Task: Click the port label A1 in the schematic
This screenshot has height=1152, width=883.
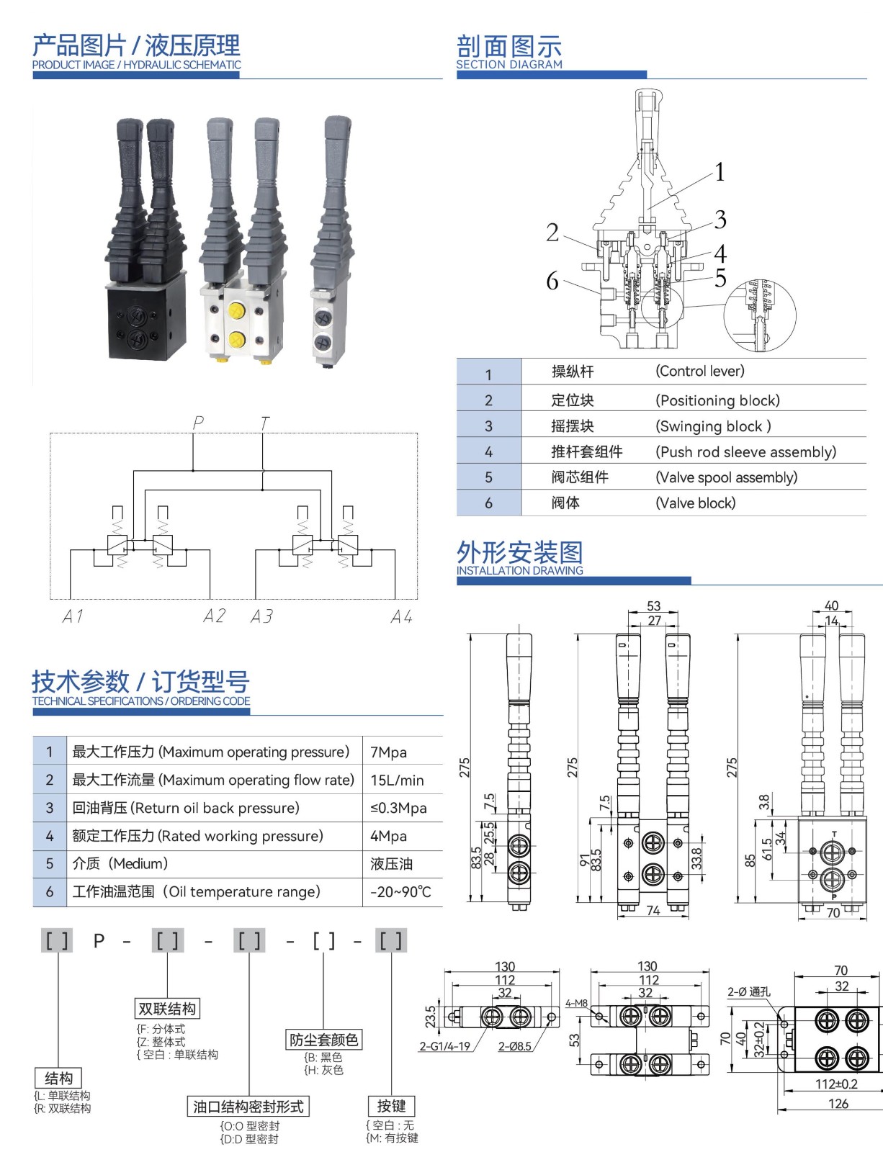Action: [x=73, y=616]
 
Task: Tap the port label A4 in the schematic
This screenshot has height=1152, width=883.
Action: [x=401, y=617]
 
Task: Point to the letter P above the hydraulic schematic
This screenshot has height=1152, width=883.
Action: [x=198, y=423]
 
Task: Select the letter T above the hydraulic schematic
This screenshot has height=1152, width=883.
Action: [x=265, y=423]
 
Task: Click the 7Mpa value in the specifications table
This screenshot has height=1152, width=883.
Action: [x=388, y=752]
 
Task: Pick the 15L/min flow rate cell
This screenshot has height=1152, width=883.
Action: [x=397, y=780]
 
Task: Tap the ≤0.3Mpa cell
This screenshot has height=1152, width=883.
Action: [x=398, y=808]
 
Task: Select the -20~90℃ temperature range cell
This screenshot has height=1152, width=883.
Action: [x=400, y=892]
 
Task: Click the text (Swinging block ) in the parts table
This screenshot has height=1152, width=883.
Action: [x=713, y=426]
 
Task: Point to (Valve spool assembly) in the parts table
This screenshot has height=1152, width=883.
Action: [x=726, y=477]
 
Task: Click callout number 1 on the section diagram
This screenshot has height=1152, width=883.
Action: [x=720, y=172]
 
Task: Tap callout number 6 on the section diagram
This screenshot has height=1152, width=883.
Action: [x=552, y=281]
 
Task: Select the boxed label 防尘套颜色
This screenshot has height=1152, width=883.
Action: [x=323, y=1040]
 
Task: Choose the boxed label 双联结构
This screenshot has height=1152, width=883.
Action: [x=167, y=1009]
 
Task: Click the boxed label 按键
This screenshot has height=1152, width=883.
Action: [x=391, y=1106]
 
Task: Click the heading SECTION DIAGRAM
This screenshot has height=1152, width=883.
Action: [x=509, y=64]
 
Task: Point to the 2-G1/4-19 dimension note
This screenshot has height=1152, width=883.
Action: [x=444, y=1046]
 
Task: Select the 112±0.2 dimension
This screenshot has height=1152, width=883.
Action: [x=836, y=1084]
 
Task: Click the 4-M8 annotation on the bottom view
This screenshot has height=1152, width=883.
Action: [x=576, y=1003]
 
